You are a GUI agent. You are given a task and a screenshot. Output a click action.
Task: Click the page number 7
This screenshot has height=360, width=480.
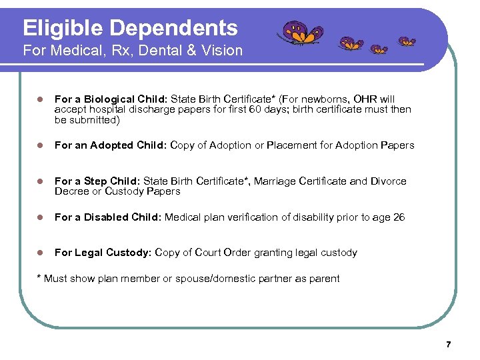tap(448, 345)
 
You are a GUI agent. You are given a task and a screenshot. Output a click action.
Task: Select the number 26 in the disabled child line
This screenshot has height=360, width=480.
tap(398, 217)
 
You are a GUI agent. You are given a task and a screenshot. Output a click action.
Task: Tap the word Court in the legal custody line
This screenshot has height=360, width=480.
tap(207, 253)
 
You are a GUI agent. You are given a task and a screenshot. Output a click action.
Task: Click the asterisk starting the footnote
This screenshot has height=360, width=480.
tap(38, 277)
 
